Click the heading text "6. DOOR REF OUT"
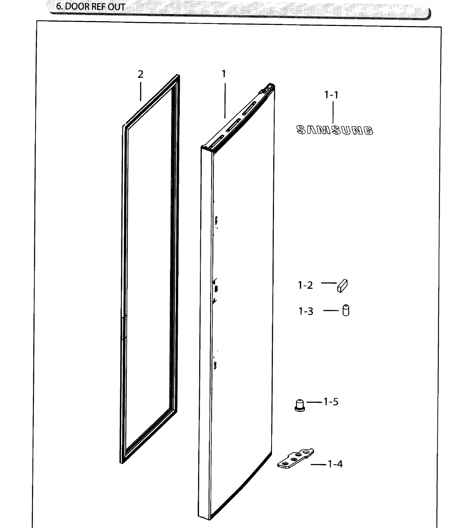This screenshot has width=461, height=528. pos(90,7)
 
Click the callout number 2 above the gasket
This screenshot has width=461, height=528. pos(140,74)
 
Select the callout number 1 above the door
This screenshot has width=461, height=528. pos(224,74)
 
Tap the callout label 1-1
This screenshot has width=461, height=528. pos(331,95)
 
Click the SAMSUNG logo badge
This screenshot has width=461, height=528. pos(335,130)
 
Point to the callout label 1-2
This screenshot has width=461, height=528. pos(305,285)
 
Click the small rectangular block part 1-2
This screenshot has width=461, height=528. pos(342,286)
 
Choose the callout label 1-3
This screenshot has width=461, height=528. pos(306,311)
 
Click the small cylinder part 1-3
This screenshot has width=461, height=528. pos(346,310)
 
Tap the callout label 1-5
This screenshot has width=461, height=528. pos(331,402)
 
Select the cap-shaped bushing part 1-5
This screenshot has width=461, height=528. pos(300,405)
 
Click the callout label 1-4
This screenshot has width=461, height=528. pos(335,464)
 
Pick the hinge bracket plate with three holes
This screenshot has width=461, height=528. pos(296,459)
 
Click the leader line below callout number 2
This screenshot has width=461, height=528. pos(141,91)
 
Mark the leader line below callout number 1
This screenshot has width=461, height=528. pos(225,101)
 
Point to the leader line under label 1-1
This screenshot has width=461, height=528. pos(333,112)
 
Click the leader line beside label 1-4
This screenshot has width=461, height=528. pos(318,465)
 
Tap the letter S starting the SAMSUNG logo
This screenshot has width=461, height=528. pos(301,130)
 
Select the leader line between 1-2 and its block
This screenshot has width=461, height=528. pos(329,283)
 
